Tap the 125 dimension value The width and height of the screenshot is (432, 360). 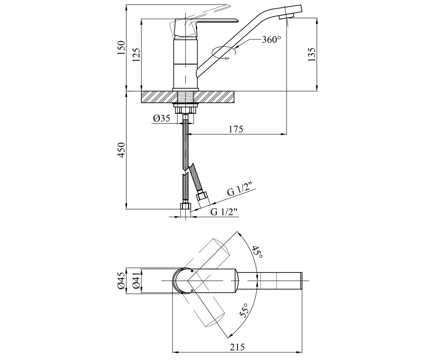[x=136, y=55]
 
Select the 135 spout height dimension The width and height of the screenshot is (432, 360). [x=312, y=54]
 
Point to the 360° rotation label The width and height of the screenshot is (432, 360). [x=271, y=40]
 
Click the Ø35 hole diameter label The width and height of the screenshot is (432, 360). [x=162, y=118]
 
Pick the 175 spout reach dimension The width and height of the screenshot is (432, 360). [x=236, y=129]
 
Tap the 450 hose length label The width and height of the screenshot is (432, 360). [x=122, y=150]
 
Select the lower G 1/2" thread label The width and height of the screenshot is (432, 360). [x=224, y=212]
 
